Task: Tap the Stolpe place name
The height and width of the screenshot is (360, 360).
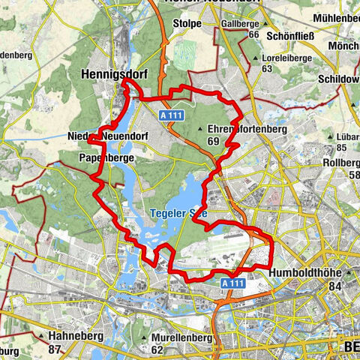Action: point(188,23)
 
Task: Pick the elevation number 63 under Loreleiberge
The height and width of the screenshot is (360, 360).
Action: point(267,68)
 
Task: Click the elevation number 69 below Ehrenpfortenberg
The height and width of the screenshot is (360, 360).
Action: point(213,140)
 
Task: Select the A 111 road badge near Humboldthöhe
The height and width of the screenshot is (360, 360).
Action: point(233,283)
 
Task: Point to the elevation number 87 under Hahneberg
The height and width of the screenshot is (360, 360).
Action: point(54,349)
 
